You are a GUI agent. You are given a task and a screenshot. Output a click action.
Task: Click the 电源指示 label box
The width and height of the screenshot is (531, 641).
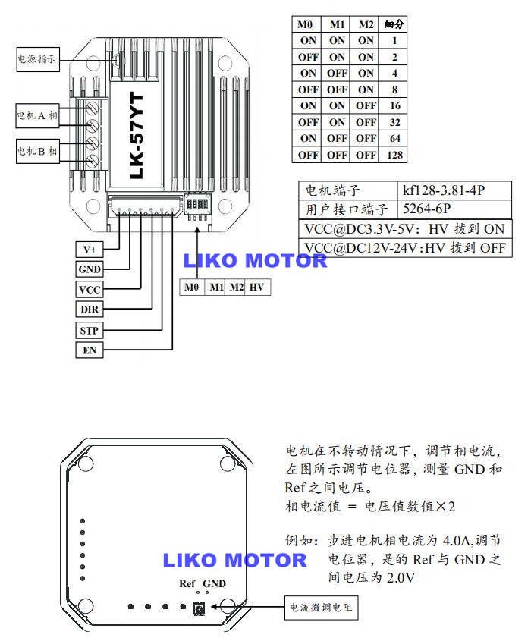pyautogui.click(x=37, y=58)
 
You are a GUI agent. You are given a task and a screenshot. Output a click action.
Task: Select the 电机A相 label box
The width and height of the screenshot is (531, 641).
pyautogui.click(x=37, y=115)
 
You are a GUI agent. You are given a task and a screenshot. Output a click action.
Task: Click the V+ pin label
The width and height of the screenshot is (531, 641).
pyautogui.click(x=90, y=249)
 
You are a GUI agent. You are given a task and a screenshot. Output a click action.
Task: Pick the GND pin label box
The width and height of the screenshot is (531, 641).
pyautogui.click(x=90, y=269)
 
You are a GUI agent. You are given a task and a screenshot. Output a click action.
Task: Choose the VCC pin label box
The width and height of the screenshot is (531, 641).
pyautogui.click(x=90, y=290)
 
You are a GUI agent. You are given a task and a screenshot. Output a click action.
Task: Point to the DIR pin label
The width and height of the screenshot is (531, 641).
pyautogui.click(x=90, y=310)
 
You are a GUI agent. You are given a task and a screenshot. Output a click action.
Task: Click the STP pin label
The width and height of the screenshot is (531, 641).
pyautogui.click(x=90, y=330)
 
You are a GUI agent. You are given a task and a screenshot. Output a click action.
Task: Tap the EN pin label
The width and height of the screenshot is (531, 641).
pyautogui.click(x=90, y=350)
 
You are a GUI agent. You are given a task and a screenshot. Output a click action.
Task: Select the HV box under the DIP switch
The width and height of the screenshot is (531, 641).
pyautogui.click(x=258, y=288)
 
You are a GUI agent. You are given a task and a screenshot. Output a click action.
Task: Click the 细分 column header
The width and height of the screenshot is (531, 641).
pyautogui.click(x=394, y=24)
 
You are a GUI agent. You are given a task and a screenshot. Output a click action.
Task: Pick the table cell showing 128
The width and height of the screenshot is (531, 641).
pyautogui.click(x=394, y=155)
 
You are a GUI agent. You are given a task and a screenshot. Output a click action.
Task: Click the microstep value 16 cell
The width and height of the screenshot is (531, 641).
pyautogui.click(x=394, y=105)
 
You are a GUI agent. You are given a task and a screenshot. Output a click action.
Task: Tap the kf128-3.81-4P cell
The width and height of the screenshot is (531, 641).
pyautogui.click(x=452, y=190)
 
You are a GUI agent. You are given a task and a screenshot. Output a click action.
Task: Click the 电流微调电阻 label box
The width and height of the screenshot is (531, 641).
pyautogui.click(x=322, y=607)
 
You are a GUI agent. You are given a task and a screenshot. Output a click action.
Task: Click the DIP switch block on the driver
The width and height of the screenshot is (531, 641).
pyautogui.click(x=198, y=205)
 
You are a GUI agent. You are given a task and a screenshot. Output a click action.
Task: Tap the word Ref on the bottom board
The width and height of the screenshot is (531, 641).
pyautogui.click(x=187, y=583)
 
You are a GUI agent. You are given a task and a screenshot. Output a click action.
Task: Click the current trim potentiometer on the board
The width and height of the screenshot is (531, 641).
pyautogui.click(x=200, y=608)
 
